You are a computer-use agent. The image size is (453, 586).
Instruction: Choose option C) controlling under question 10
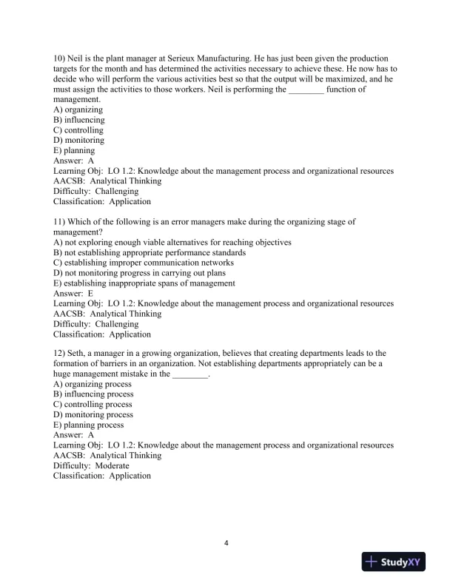tap(78, 130)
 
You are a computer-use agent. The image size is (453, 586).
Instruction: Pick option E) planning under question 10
tap(74, 151)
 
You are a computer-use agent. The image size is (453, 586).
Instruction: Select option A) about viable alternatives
tap(172, 242)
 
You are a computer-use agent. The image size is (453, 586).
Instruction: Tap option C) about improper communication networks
tap(144, 263)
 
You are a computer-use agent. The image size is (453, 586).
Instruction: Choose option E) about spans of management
tap(144, 283)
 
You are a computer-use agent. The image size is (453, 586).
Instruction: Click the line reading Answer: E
tap(74, 293)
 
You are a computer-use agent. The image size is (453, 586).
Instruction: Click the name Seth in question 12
tap(78, 353)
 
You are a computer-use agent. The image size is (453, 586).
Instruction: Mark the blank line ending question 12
tap(190, 374)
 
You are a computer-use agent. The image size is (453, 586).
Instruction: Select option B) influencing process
tap(93, 394)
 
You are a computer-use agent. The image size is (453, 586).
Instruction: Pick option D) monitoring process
tap(93, 415)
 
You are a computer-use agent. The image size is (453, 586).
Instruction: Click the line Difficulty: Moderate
tap(91, 466)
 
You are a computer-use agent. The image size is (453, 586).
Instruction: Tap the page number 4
tap(226, 544)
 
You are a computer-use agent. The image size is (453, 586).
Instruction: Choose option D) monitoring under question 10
tap(78, 141)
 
